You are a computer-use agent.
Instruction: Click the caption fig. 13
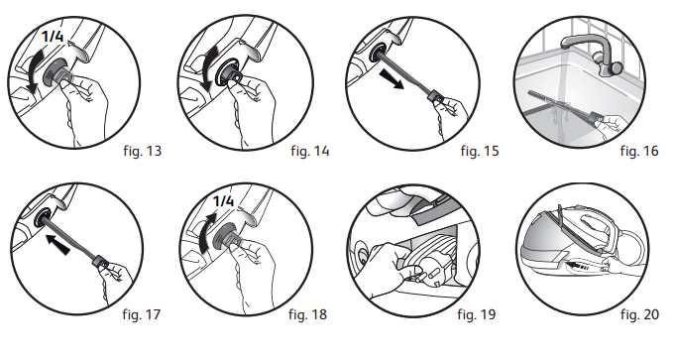coord(142,151)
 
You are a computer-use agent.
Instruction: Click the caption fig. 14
coord(310,151)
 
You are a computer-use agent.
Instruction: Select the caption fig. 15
coord(480,151)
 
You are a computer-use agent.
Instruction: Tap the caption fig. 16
coord(639,151)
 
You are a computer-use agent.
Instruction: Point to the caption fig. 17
coord(141,314)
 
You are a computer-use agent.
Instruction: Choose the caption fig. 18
coord(307,314)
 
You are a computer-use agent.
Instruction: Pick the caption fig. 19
coord(477,314)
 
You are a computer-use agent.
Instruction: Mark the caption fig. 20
coord(639,314)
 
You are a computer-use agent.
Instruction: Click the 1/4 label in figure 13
coord(54,36)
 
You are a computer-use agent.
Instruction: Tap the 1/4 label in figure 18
coord(223,200)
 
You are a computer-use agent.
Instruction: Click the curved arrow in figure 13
coord(33,68)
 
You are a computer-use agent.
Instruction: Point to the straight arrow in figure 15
coord(392,80)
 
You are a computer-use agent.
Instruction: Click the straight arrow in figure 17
coord(57,244)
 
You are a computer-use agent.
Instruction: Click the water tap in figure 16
coord(592,53)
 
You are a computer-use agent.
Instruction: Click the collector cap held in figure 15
coord(436,96)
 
